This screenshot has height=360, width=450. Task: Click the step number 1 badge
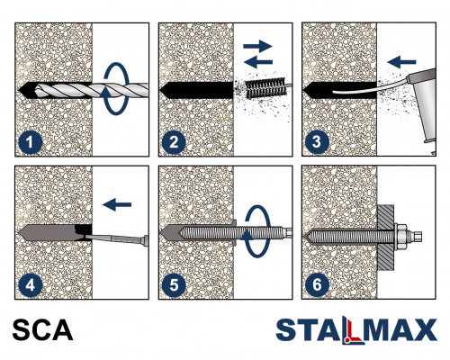(31, 142)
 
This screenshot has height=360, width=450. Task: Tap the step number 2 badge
(174, 142)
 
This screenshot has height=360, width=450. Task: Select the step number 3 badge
(317, 142)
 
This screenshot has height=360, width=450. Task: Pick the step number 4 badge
(31, 285)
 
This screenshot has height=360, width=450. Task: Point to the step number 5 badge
(174, 285)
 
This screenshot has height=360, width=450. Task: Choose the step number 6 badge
(317, 285)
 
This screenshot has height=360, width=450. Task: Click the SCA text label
(42, 330)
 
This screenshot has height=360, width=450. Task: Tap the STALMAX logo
(356, 330)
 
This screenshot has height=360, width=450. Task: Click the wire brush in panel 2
(265, 88)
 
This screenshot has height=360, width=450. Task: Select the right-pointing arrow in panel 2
(257, 46)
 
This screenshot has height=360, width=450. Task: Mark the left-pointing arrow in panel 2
(258, 62)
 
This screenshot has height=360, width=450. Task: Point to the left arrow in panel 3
(401, 62)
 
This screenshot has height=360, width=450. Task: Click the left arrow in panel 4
(117, 204)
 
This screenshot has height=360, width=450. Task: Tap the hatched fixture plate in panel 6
(386, 237)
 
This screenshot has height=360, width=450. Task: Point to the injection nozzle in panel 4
(117, 238)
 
